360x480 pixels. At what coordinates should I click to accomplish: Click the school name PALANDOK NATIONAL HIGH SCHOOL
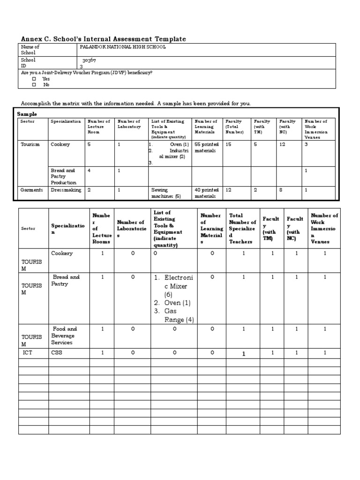pyautogui.click(x=122, y=47)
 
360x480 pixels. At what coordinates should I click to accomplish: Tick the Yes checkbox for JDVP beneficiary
pyautogui.click(x=34, y=79)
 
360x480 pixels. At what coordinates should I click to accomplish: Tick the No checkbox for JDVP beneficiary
pyautogui.click(x=34, y=85)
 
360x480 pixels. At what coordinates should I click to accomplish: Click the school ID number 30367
pyautogui.click(x=89, y=60)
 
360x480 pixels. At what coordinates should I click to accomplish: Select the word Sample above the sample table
pyautogui.click(x=27, y=114)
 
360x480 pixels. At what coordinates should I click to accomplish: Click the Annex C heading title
pyautogui.click(x=104, y=39)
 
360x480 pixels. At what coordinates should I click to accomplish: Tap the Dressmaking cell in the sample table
pyautogui.click(x=66, y=190)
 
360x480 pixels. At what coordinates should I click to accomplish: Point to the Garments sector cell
pyautogui.click(x=31, y=190)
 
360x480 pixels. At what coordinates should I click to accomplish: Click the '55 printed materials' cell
pyautogui.click(x=206, y=147)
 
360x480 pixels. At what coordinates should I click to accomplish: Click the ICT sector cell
pyautogui.click(x=28, y=352)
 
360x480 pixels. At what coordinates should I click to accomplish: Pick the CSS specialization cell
pyautogui.click(x=56, y=352)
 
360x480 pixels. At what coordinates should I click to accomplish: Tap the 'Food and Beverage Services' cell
pyautogui.click(x=64, y=336)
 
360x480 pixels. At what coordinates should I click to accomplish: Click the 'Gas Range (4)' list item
pyautogui.click(x=172, y=315)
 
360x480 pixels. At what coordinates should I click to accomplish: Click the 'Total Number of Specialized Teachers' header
pyautogui.click(x=242, y=229)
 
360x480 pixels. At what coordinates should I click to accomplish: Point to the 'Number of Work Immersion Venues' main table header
pyautogui.click(x=324, y=229)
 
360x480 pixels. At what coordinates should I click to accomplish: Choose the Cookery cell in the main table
pyautogui.click(x=62, y=254)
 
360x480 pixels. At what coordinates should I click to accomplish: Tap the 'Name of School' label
pyautogui.click(x=30, y=50)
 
